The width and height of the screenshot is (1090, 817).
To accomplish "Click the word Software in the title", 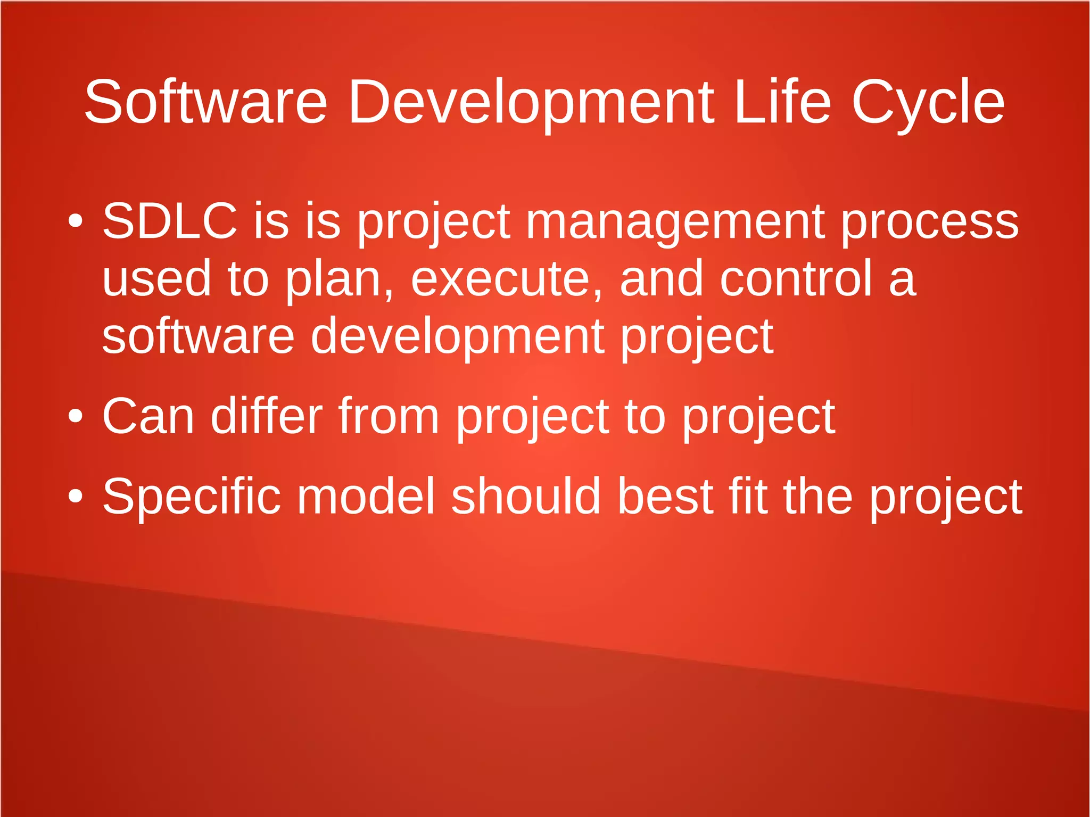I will (x=205, y=102).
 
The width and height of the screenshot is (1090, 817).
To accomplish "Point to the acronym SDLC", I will (x=169, y=221).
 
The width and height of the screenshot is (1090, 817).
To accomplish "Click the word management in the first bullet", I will (x=675, y=222).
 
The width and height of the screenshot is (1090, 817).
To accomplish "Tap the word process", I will (x=929, y=222).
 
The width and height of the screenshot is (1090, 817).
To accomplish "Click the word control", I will (x=796, y=278).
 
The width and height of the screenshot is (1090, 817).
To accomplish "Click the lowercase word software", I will (x=198, y=336).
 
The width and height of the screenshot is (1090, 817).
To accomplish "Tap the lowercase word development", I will (x=457, y=336).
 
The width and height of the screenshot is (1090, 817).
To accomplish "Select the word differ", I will (x=267, y=416).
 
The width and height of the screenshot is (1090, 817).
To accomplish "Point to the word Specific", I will (x=191, y=497).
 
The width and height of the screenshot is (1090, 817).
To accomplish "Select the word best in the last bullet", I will (x=665, y=497).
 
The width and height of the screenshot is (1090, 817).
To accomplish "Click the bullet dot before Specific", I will (x=76, y=496).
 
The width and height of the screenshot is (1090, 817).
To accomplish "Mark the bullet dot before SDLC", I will (x=76, y=221).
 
